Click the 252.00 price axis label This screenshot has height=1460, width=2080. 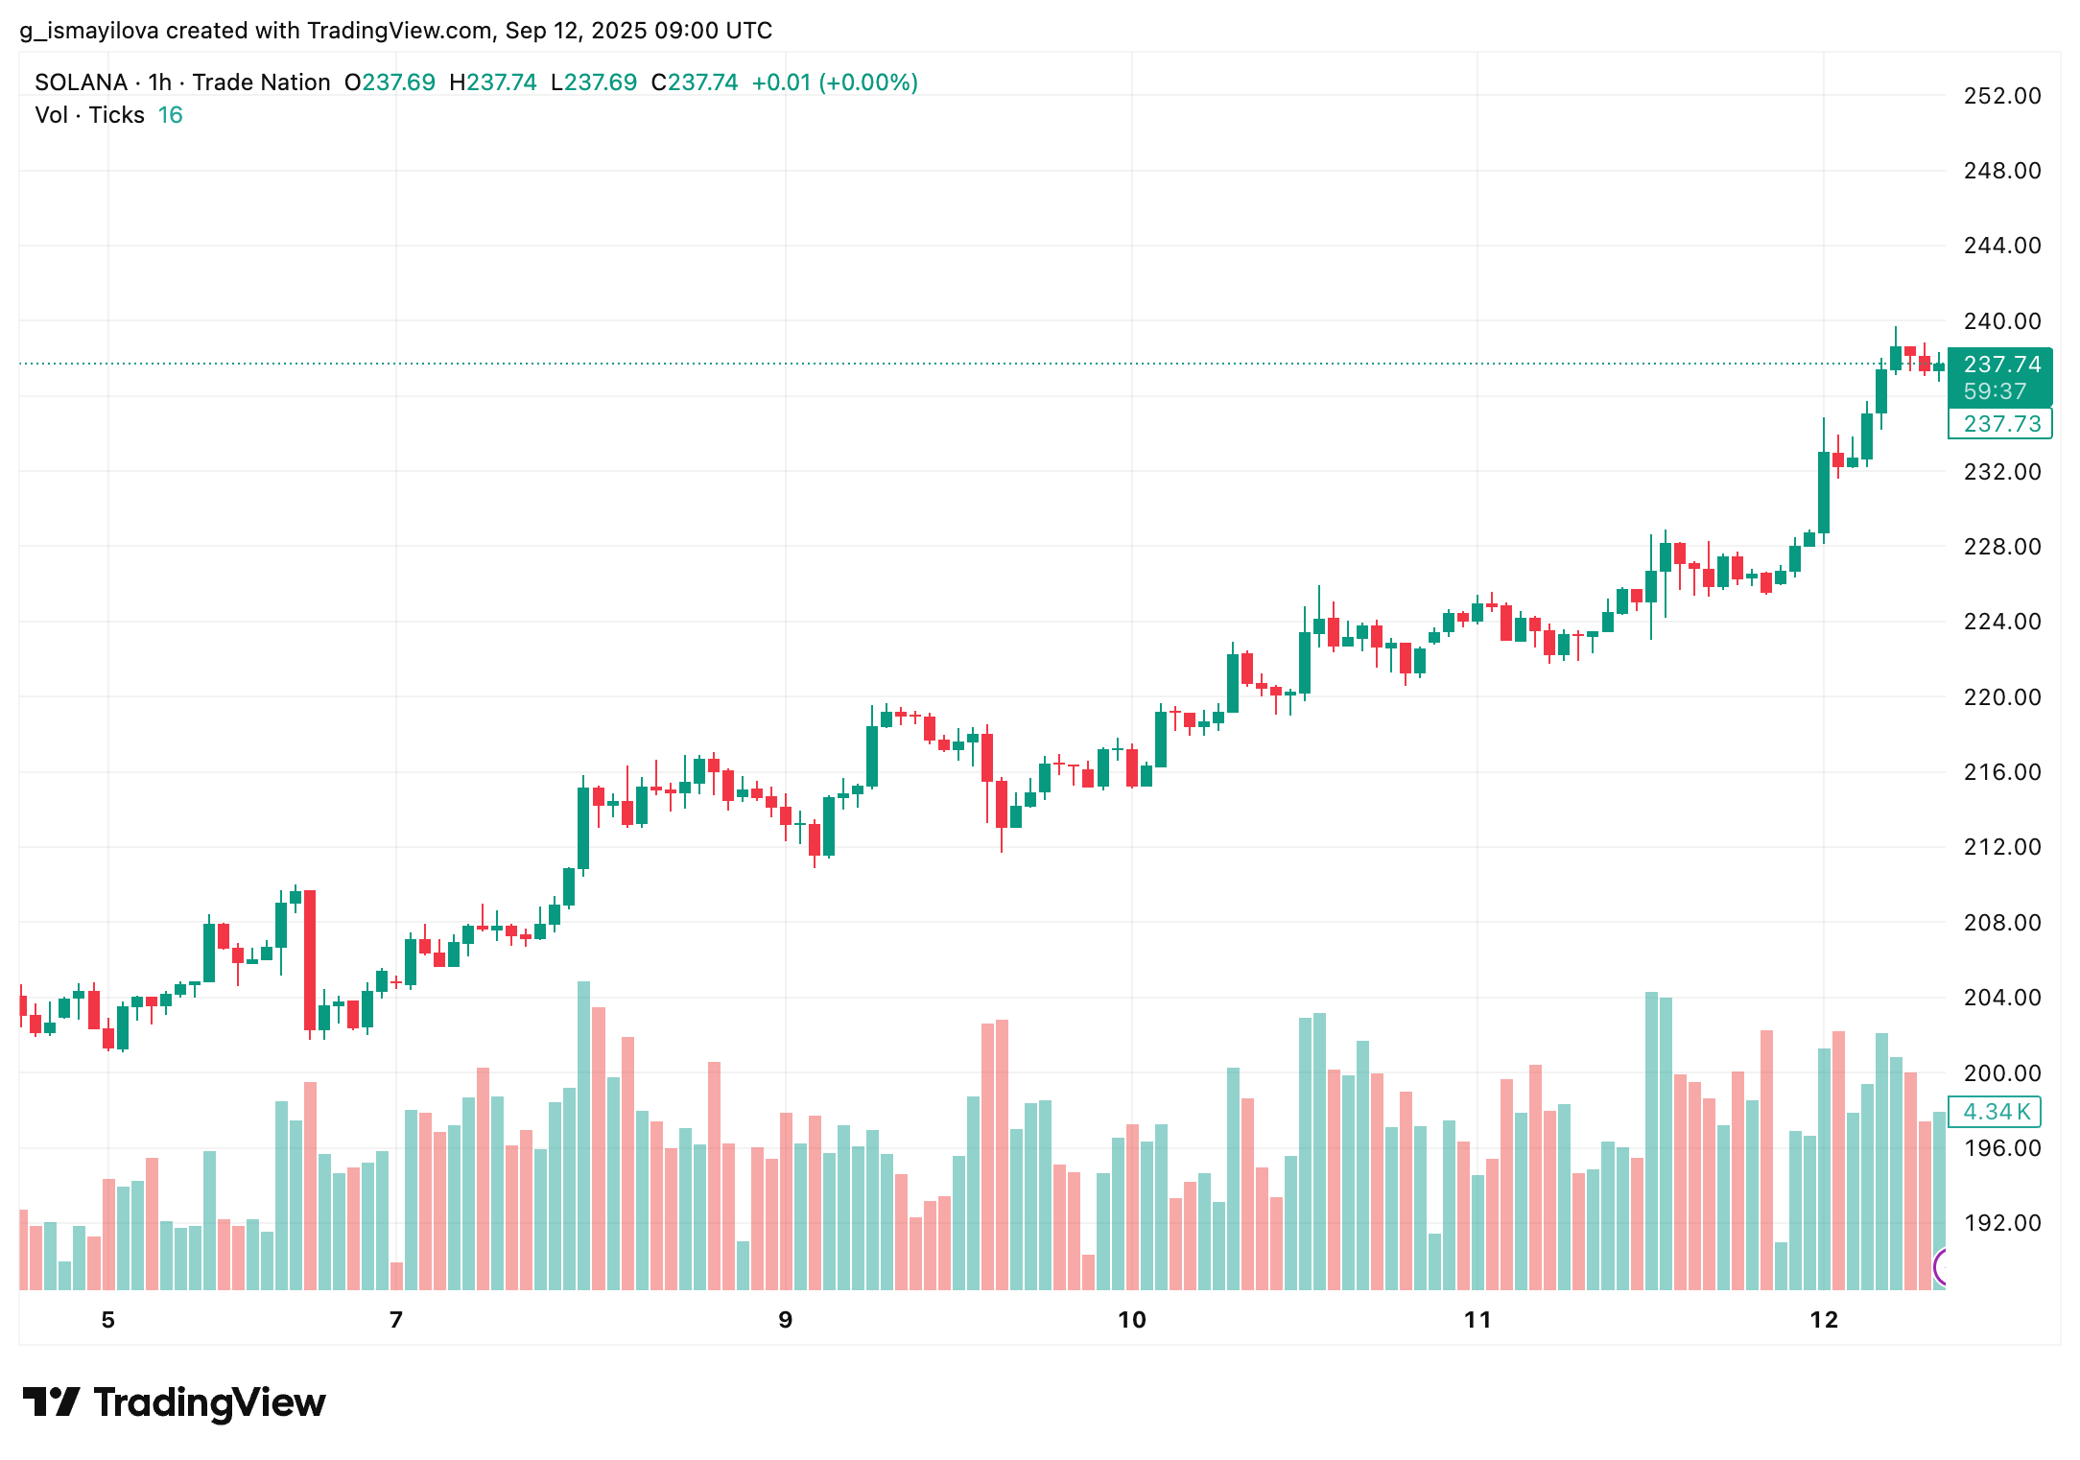2001,96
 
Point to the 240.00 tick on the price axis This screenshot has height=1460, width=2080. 2001,321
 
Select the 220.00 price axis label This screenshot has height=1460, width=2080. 2001,697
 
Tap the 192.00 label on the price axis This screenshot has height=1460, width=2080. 2001,1223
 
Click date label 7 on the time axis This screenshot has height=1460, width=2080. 395,1320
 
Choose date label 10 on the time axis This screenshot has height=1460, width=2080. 1131,1320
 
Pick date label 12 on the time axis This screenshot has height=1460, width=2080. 1823,1320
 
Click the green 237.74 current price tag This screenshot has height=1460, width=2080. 2001,365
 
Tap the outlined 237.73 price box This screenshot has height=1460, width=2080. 2001,424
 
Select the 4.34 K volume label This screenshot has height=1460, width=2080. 1997,1112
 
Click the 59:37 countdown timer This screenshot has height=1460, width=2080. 1995,391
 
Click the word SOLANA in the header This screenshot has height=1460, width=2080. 81,82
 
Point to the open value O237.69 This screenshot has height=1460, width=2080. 390,82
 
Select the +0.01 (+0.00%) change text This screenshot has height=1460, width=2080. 834,82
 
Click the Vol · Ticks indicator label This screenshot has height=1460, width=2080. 89,115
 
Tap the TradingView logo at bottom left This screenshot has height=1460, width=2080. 174,1402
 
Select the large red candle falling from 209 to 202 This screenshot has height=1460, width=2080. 310,959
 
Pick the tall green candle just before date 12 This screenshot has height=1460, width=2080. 1823,492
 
